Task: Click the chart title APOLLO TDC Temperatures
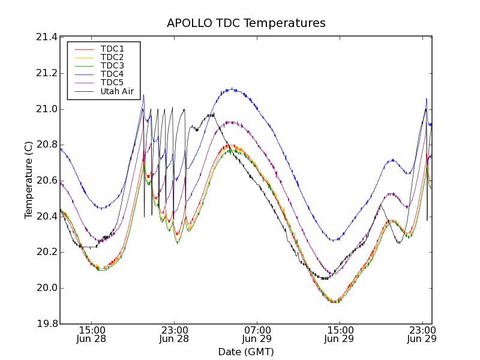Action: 246,23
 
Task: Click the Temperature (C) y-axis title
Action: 29,180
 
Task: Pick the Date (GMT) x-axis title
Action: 246,352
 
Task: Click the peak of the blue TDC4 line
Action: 231,89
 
